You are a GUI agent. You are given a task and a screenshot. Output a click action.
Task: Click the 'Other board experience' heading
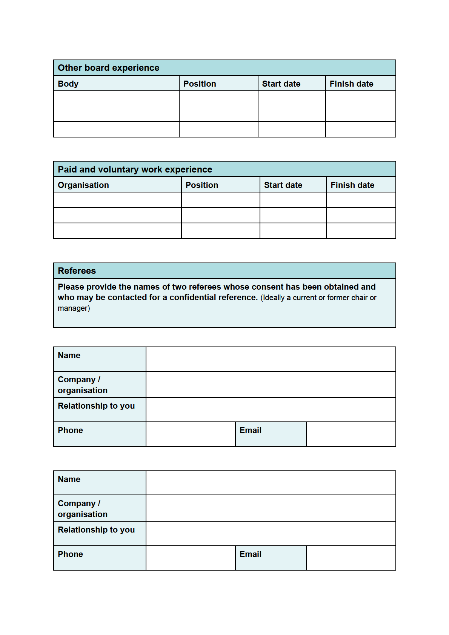pos(108,68)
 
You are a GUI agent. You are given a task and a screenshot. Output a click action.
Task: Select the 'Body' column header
pos(68,84)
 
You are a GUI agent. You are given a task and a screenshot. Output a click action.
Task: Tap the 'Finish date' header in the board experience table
pos(351,84)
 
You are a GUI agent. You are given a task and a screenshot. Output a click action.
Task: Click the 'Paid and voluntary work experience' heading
pos(135,169)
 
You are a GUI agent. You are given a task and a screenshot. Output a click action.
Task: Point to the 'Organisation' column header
pos(83,185)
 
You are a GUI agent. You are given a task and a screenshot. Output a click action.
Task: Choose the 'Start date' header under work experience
pos(283,185)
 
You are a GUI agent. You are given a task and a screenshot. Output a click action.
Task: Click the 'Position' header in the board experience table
pos(200,84)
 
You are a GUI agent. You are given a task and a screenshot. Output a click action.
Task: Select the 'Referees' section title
pos(77,271)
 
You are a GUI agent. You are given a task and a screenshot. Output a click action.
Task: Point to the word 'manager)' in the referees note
pos(74,308)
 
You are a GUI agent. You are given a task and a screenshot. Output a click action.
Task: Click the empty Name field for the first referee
pos(271,359)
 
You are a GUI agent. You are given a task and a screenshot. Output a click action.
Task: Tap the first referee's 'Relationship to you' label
pos(96,406)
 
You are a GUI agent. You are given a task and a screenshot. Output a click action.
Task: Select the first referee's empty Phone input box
pos(191,434)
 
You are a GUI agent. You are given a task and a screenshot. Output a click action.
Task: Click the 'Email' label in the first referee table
pos(251,430)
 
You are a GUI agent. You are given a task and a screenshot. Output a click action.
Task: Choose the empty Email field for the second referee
pos(351,558)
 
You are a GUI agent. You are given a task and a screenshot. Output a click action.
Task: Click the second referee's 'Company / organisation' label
pos(83,509)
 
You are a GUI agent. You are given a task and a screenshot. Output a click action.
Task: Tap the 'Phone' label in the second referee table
pos(71,554)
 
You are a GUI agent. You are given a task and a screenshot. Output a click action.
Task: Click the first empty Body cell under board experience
pos(116,98)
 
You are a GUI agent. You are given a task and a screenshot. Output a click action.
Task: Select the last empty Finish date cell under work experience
pos(361,230)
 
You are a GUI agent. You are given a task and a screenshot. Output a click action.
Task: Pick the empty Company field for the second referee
pos(271,508)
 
